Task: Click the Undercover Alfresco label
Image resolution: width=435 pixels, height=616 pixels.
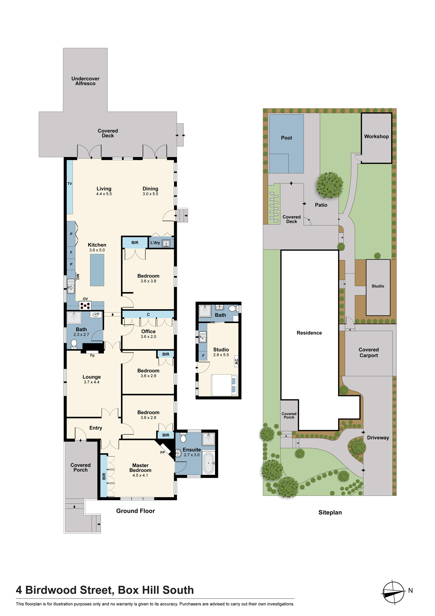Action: click(x=86, y=81)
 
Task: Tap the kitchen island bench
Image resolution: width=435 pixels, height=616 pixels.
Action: click(x=97, y=271)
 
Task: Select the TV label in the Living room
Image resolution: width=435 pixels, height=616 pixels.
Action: click(x=70, y=184)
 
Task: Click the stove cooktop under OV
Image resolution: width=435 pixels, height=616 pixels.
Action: click(x=85, y=306)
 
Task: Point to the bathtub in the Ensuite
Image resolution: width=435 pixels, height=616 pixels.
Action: click(x=209, y=463)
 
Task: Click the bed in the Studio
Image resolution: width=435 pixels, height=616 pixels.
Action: click(x=224, y=385)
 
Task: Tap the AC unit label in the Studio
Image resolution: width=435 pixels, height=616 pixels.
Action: click(x=236, y=362)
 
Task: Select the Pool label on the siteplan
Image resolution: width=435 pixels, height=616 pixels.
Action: click(x=286, y=138)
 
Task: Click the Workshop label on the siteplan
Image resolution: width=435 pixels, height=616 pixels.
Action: click(x=376, y=136)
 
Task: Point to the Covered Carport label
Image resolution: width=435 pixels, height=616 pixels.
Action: click(x=369, y=352)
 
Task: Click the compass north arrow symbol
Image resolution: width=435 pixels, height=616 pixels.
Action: click(x=393, y=592)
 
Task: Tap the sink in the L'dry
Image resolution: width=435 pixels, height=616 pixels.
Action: click(x=166, y=244)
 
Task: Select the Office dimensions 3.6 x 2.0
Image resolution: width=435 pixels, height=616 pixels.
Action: click(x=148, y=337)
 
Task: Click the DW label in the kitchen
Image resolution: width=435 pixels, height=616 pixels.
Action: click(x=78, y=277)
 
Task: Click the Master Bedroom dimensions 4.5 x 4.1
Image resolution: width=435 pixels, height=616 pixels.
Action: click(x=140, y=475)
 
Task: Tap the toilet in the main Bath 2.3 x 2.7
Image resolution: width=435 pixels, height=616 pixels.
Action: click(x=74, y=344)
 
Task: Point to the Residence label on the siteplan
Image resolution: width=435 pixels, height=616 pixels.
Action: click(x=309, y=333)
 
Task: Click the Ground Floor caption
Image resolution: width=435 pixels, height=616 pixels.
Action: click(x=135, y=511)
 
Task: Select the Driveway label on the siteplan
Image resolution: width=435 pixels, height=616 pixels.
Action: click(x=378, y=438)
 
